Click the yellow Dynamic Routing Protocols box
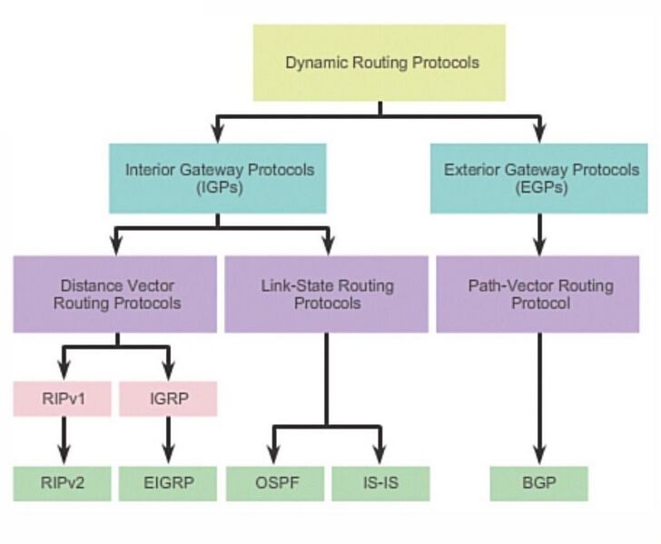[380, 63]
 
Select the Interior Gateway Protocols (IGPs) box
[218, 177]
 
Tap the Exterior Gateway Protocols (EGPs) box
[540, 177]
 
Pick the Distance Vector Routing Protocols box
[117, 293]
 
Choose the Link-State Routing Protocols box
[326, 293]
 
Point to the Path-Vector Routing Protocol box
[540, 293]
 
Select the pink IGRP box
[168, 398]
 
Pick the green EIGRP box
[168, 483]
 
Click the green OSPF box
[274, 483]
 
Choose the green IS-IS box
[380, 483]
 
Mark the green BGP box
[540, 483]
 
